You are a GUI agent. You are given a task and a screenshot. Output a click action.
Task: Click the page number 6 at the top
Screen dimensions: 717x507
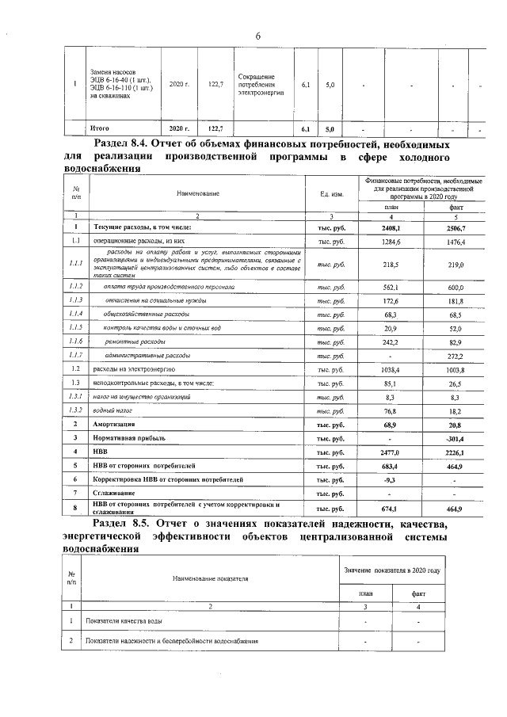pyautogui.click(x=257, y=36)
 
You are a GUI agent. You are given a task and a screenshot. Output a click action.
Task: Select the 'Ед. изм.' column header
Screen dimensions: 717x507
pyautogui.click(x=331, y=193)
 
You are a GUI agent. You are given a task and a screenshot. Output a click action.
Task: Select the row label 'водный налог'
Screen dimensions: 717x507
pyautogui.click(x=112, y=412)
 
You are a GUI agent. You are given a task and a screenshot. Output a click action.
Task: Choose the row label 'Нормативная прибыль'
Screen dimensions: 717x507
pyautogui.click(x=130, y=437)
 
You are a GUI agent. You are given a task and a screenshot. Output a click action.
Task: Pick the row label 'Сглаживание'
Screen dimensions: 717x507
pyautogui.click(x=116, y=493)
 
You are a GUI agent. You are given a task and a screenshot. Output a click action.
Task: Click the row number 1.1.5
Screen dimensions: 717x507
pyautogui.click(x=75, y=327)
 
